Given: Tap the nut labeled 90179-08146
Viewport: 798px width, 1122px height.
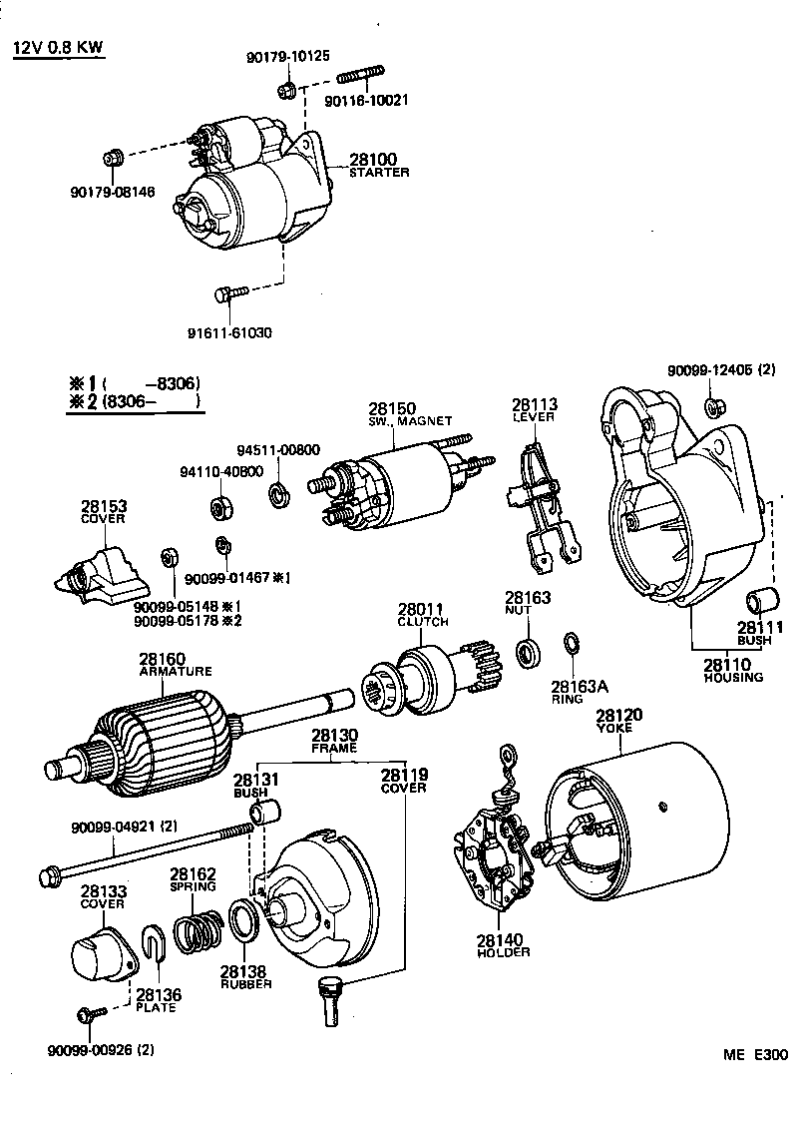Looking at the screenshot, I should (114, 158).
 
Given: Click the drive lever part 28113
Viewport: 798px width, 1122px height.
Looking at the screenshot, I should (539, 499).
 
